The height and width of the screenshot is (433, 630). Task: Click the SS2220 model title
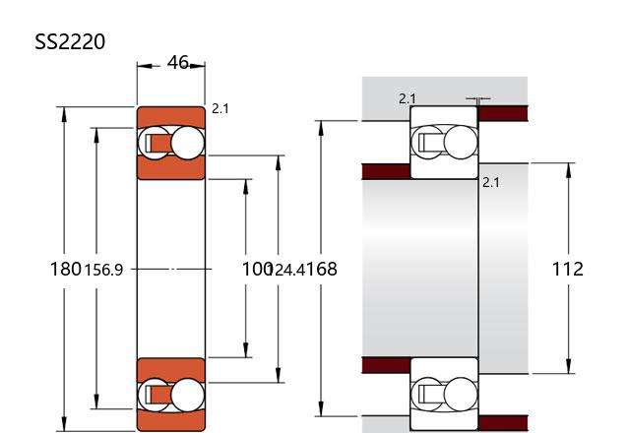pos(70,41)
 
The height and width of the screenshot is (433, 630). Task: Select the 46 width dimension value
pos(177,62)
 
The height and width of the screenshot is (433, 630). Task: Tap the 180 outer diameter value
pos(66,269)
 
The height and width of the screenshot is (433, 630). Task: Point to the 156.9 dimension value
pos(103,270)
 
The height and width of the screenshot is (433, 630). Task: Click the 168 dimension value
pos(322,269)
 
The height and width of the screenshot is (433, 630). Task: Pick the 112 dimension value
pos(567,269)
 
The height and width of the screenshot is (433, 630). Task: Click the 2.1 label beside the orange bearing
pos(220,108)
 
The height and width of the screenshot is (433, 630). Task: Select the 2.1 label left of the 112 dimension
pos(490,182)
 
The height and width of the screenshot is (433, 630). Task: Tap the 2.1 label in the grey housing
pos(408,98)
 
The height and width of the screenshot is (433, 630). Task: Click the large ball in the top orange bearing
pos(187,143)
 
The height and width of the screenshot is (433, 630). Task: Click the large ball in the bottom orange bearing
pos(187,395)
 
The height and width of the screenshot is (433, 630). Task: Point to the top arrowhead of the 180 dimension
pos(64,115)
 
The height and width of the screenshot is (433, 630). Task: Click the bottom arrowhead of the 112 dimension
pos(568,365)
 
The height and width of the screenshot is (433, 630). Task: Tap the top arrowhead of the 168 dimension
pos(321,129)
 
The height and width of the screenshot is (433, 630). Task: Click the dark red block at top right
pos(503,113)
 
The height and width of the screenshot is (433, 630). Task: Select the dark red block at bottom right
pos(503,423)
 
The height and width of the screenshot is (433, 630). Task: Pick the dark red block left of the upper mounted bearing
pos(386,171)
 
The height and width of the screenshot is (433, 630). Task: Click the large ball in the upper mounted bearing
pos(461,143)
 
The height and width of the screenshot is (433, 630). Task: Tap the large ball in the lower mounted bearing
pos(461,394)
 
